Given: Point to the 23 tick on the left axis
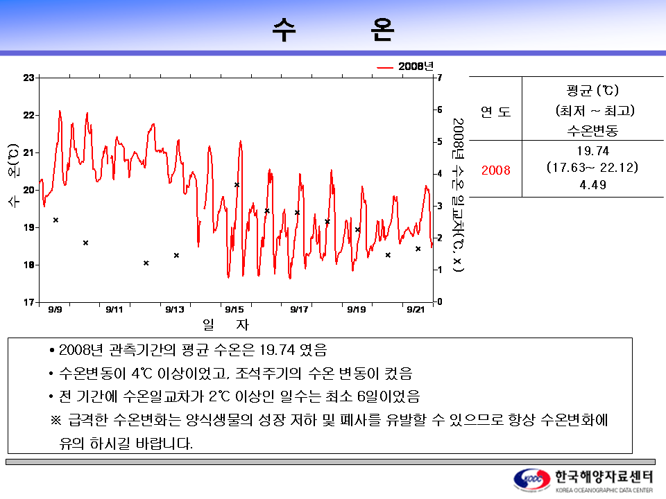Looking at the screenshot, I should (29, 78).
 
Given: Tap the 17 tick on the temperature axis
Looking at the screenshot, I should (29, 302).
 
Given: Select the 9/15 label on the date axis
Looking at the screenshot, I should (234, 310).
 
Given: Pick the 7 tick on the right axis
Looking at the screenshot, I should (438, 78).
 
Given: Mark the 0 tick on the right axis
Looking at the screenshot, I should (438, 301).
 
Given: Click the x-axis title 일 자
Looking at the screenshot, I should (225, 324).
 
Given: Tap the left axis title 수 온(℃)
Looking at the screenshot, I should (12, 176).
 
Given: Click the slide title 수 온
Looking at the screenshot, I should (333, 29).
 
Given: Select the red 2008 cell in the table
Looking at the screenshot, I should (495, 170).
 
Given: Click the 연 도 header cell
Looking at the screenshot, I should (495, 112).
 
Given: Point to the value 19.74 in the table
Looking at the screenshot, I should (592, 152).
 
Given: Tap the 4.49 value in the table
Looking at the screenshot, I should (592, 185).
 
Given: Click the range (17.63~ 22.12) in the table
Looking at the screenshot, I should (592, 168).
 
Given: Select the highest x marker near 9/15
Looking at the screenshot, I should (237, 185).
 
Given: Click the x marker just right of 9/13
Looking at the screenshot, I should (176, 255).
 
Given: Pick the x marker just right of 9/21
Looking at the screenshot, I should (418, 249).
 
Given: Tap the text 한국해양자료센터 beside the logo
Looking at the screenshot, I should (604, 477).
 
